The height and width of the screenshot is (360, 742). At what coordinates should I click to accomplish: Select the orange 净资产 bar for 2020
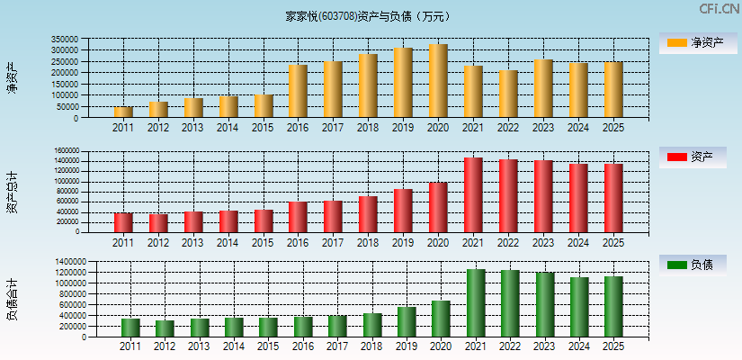(438, 81)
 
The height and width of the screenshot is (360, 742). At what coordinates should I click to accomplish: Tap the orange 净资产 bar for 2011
(123, 112)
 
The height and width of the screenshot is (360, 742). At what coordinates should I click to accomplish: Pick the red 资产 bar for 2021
(473, 194)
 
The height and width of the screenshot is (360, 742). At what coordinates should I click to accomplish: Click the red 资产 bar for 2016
(298, 217)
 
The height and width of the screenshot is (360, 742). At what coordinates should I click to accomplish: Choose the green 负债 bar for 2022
(510, 303)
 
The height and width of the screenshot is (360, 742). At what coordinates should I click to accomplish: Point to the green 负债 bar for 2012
(165, 328)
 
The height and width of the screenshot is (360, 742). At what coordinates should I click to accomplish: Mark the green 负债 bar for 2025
(613, 307)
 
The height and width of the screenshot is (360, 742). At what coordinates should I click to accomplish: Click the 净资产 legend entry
(692, 42)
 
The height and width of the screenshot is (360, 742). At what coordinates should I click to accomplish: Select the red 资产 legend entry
(692, 157)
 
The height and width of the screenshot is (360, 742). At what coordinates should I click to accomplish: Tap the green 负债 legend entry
(692, 265)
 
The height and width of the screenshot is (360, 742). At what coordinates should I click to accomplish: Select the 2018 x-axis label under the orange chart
(368, 128)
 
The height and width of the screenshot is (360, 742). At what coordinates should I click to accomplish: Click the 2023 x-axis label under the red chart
(543, 242)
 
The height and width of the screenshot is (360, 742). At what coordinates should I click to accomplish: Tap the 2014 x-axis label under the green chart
(234, 346)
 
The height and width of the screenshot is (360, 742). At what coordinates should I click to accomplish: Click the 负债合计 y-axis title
(13, 301)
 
